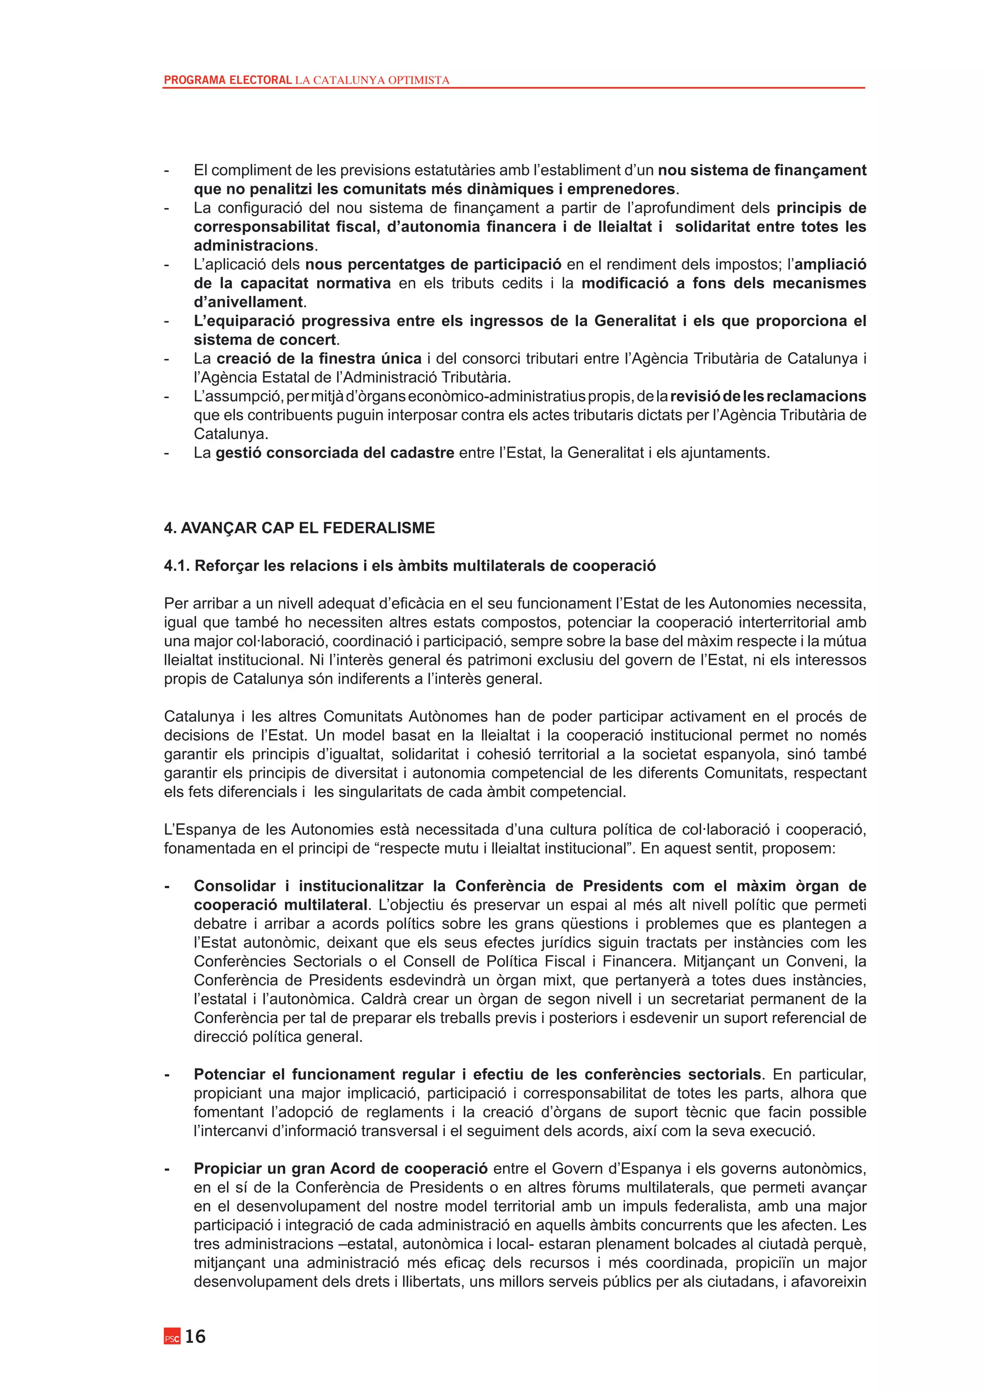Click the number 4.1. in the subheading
(x=177, y=566)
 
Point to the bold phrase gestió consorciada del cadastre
(x=334, y=453)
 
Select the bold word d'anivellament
(x=248, y=302)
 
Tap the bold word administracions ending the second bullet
(x=253, y=246)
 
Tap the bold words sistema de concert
(x=264, y=340)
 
